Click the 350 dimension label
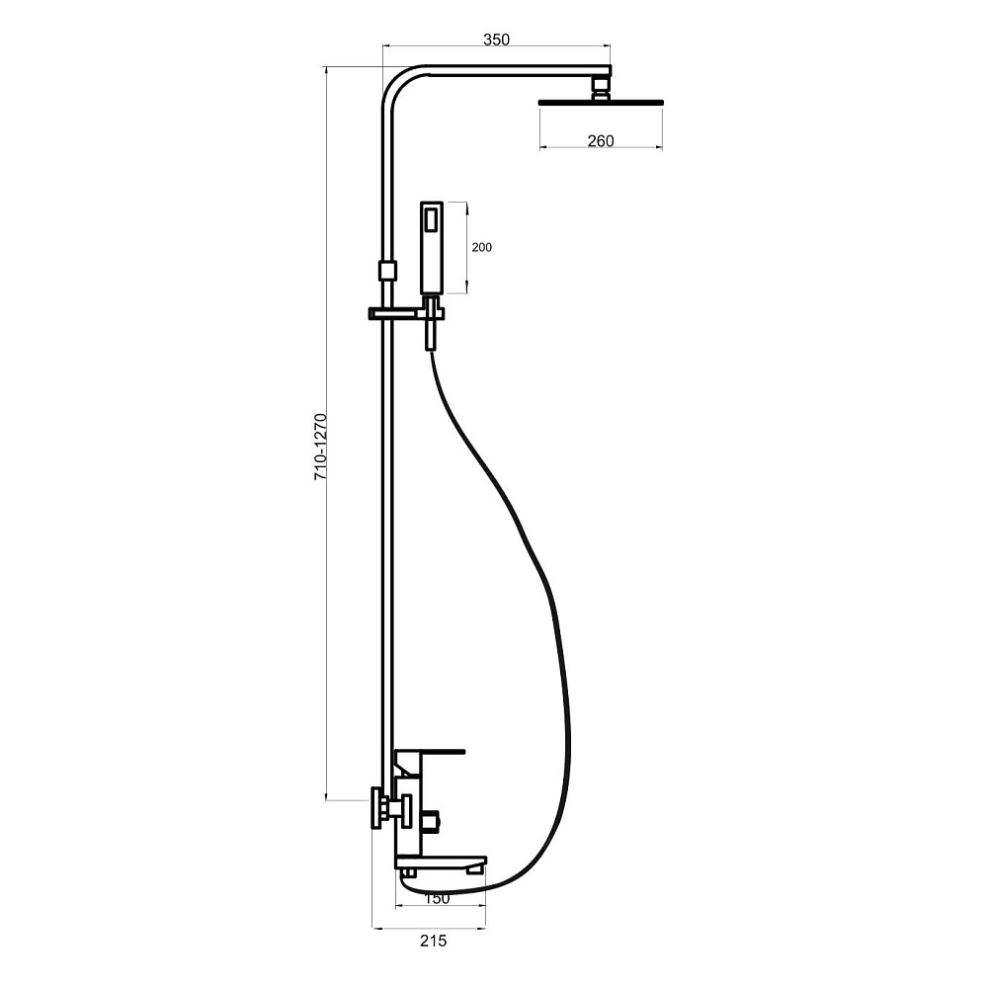click(x=496, y=40)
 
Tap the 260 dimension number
click(x=601, y=141)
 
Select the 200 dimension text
click(x=481, y=248)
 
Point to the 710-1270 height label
click(x=321, y=448)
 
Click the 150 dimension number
click(x=438, y=898)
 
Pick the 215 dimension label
click(x=433, y=942)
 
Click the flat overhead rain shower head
click(x=601, y=102)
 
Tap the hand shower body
click(x=433, y=248)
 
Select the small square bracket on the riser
click(x=387, y=271)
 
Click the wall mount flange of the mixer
click(x=377, y=808)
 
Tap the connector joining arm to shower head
click(x=602, y=87)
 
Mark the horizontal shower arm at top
click(x=517, y=70)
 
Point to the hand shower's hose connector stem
click(x=432, y=324)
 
